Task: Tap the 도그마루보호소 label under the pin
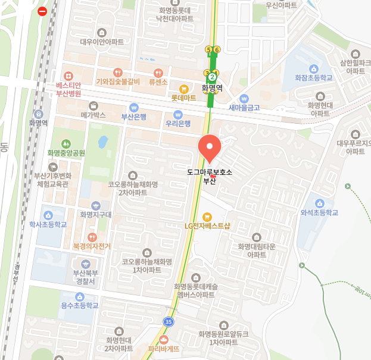[209, 171]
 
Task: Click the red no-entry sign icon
[42, 11]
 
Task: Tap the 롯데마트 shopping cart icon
[183, 88]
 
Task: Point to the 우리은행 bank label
[178, 124]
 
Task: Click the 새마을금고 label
[244, 107]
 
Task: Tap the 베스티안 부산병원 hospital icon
[68, 76]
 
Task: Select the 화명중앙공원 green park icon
[66, 143]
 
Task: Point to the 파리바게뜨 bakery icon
[164, 339]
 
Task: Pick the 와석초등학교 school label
[319, 212]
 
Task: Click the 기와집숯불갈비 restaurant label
[117, 82]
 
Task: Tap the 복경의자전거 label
[92, 245]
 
